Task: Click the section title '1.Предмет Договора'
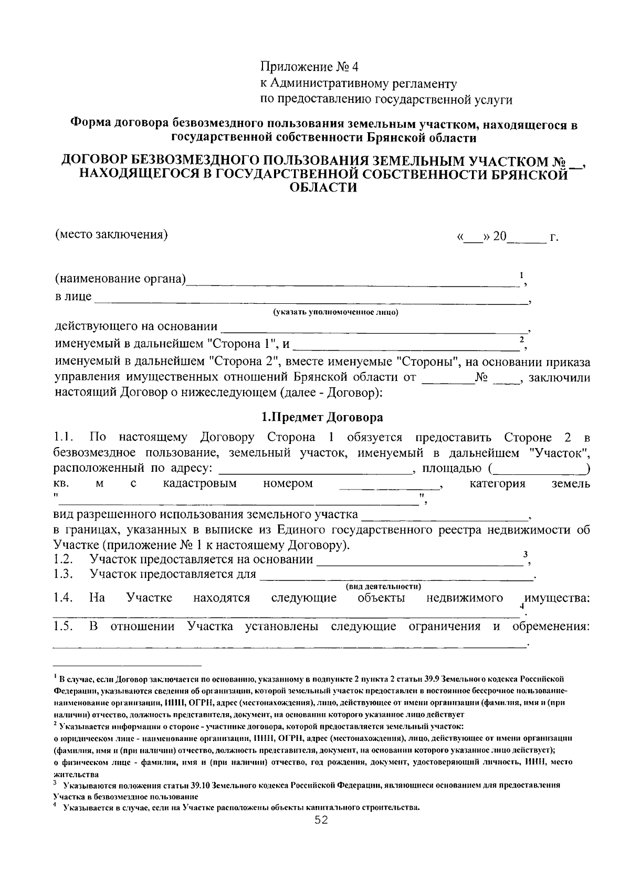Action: pos(322,418)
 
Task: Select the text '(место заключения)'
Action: pos(112,234)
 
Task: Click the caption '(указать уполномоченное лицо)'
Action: pos(335,313)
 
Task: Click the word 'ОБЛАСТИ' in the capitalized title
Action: pos(323,187)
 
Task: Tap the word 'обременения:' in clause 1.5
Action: pos(551,627)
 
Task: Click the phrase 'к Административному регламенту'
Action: pos(359,83)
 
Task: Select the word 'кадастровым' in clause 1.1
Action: pos(200,484)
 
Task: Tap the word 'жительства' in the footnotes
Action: pos(76,774)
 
